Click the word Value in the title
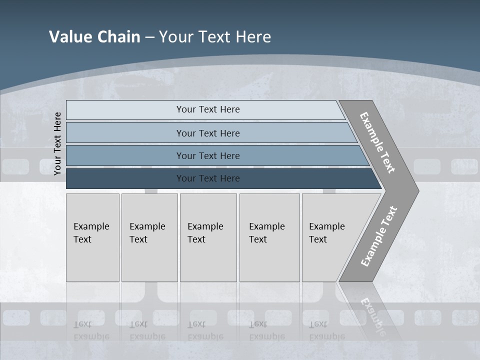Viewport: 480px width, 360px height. (x=68, y=37)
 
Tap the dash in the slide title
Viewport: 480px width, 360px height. (x=149, y=37)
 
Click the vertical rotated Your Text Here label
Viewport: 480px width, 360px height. (x=57, y=143)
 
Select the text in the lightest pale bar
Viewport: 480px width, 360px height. (x=208, y=109)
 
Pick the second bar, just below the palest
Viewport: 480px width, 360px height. (x=208, y=133)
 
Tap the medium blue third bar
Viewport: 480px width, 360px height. (x=208, y=156)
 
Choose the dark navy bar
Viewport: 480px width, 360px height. (x=208, y=178)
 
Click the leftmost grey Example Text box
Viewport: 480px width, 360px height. (x=92, y=233)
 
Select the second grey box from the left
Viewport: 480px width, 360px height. (x=149, y=233)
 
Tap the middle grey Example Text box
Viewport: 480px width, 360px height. (x=207, y=233)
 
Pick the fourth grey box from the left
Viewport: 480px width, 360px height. (x=269, y=233)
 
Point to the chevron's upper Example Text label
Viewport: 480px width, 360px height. (x=378, y=142)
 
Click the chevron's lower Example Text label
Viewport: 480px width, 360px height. (x=379, y=236)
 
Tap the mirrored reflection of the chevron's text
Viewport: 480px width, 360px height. (x=372, y=315)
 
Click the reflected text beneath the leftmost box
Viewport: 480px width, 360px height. (x=91, y=330)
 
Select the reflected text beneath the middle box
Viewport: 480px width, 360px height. (x=205, y=330)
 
